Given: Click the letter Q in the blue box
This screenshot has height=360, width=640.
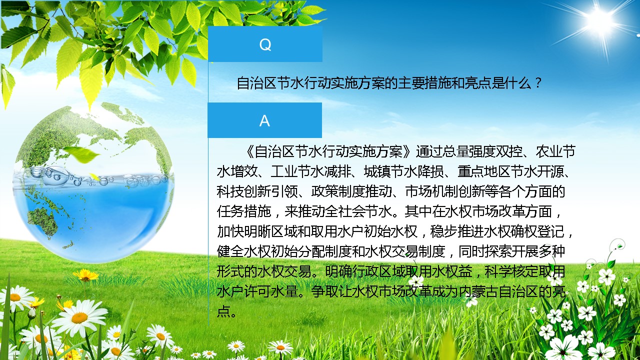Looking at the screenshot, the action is point(265,44).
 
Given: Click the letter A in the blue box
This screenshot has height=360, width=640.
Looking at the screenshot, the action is point(264,121).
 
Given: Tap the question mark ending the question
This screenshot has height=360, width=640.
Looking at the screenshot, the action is point(538,83).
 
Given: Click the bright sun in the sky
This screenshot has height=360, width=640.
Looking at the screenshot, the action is point(601,20).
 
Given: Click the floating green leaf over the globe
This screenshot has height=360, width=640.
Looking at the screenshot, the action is point(81,154).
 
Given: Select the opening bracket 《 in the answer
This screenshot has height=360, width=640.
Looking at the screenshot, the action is point(249,151).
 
